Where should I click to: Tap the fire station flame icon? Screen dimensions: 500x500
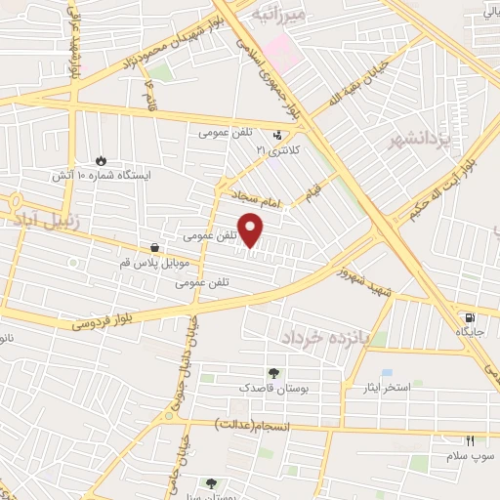[x=103, y=160]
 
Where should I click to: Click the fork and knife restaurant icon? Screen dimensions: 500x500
[x=470, y=441]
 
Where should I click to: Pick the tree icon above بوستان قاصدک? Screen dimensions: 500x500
[x=273, y=372]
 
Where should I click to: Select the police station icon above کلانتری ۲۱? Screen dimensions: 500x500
[x=280, y=136]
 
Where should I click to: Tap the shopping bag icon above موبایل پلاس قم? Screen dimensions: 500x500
[x=154, y=248]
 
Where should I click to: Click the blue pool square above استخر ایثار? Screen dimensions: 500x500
[x=388, y=373]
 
